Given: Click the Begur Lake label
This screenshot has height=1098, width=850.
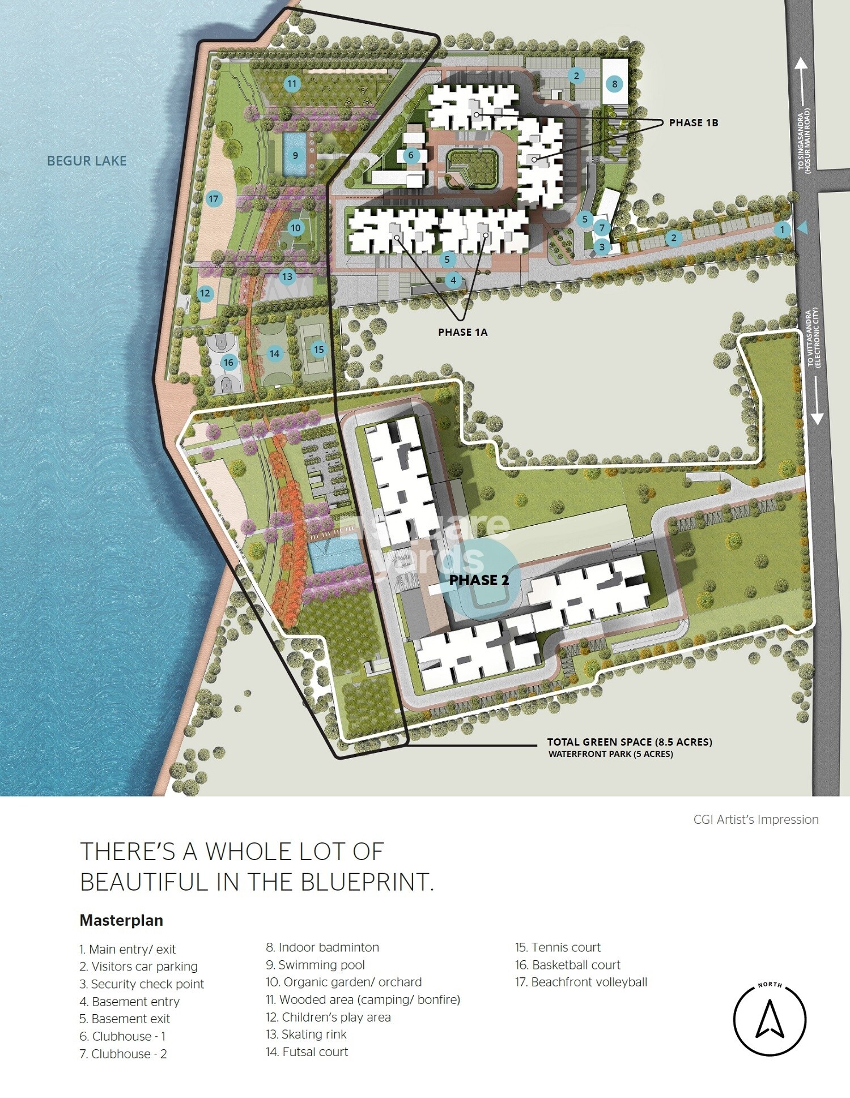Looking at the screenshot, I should click(87, 161).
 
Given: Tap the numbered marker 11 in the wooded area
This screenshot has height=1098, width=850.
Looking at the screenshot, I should click(292, 84).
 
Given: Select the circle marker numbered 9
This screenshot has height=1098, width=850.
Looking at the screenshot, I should click(295, 155).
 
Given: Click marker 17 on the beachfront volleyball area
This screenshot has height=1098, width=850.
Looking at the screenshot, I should click(213, 199).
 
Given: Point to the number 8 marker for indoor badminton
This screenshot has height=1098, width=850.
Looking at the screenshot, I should click(614, 84).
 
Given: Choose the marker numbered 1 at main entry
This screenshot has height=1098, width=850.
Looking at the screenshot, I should click(782, 229).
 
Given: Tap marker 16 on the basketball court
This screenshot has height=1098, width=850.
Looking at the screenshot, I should click(228, 363).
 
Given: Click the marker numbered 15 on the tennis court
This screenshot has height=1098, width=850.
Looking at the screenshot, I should click(319, 350).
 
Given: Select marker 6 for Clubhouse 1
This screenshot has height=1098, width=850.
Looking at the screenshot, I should click(411, 155).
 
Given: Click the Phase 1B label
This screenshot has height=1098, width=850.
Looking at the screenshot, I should click(693, 123).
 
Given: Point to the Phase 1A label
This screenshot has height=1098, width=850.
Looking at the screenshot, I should click(462, 333).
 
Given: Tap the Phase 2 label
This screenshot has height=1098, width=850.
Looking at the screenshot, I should click(479, 580).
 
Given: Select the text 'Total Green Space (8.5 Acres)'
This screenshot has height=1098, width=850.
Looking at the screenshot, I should click(629, 742).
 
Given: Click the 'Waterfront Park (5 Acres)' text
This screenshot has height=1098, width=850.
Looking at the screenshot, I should click(610, 754).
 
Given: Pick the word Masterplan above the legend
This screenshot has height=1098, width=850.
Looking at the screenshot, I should click(121, 921).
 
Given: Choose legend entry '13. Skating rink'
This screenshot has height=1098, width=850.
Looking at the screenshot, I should click(306, 1035).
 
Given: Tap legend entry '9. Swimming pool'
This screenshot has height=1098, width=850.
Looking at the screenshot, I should click(315, 965).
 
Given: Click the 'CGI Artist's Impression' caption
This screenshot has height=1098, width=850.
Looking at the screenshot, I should click(755, 820).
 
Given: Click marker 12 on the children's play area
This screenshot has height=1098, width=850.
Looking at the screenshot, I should click(205, 293).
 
